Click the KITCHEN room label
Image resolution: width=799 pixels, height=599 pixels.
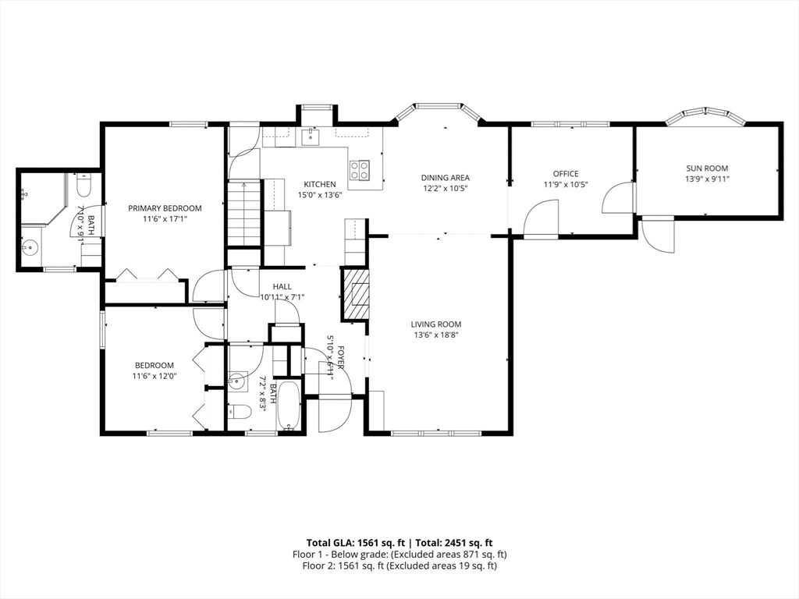319,184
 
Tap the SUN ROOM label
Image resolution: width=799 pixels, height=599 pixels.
707,168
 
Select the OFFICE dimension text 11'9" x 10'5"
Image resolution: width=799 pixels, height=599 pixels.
566,184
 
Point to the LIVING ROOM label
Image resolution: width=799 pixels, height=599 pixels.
436,324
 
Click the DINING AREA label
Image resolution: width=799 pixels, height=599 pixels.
445,178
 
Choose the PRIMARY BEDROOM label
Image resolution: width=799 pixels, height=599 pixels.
165,208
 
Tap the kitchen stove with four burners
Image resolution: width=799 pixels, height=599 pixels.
360,169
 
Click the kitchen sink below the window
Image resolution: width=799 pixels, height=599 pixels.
310,136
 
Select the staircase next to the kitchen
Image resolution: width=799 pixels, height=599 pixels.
244,214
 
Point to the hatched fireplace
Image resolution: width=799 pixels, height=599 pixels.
356,294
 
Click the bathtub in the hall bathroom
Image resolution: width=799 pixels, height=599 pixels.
290,406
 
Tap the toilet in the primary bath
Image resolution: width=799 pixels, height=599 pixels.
83,185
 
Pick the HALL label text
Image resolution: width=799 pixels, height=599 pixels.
282,287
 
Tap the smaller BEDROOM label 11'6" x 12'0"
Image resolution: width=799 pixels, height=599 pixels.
154,365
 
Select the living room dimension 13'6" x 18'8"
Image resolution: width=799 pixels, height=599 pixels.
436,335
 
